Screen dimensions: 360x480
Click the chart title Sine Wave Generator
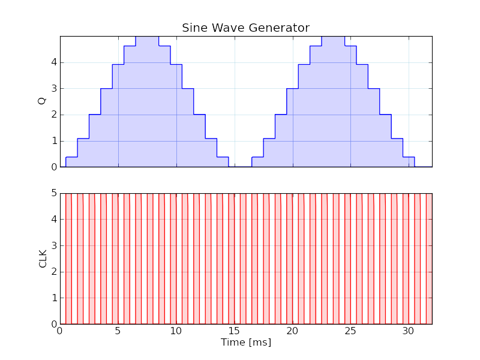pyautogui.click(x=245, y=28)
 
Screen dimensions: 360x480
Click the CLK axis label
pyautogui.click(x=43, y=259)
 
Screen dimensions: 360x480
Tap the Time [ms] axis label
pyautogui.click(x=245, y=343)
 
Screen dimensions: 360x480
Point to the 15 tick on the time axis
pyautogui.click(x=234, y=331)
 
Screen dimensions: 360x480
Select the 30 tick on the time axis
pyautogui.click(x=409, y=331)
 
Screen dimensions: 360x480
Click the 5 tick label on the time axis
pyautogui.click(x=118, y=331)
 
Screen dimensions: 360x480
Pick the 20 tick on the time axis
pyautogui.click(x=292, y=331)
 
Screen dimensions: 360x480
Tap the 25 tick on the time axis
pyautogui.click(x=350, y=331)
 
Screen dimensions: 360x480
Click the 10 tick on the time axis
pyautogui.click(x=176, y=331)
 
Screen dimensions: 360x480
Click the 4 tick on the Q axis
pyautogui.click(x=54, y=62)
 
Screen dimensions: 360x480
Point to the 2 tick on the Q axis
pyautogui.click(x=54, y=115)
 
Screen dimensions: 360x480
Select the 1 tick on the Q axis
pyautogui.click(x=54, y=141)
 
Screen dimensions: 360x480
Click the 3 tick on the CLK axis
pyautogui.click(x=54, y=245)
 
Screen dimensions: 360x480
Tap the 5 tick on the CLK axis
pyautogui.click(x=54, y=193)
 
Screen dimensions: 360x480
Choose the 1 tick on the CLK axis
pyautogui.click(x=54, y=298)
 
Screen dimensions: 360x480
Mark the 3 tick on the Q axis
pyautogui.click(x=54, y=89)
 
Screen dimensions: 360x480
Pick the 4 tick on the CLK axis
pyautogui.click(x=54, y=220)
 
